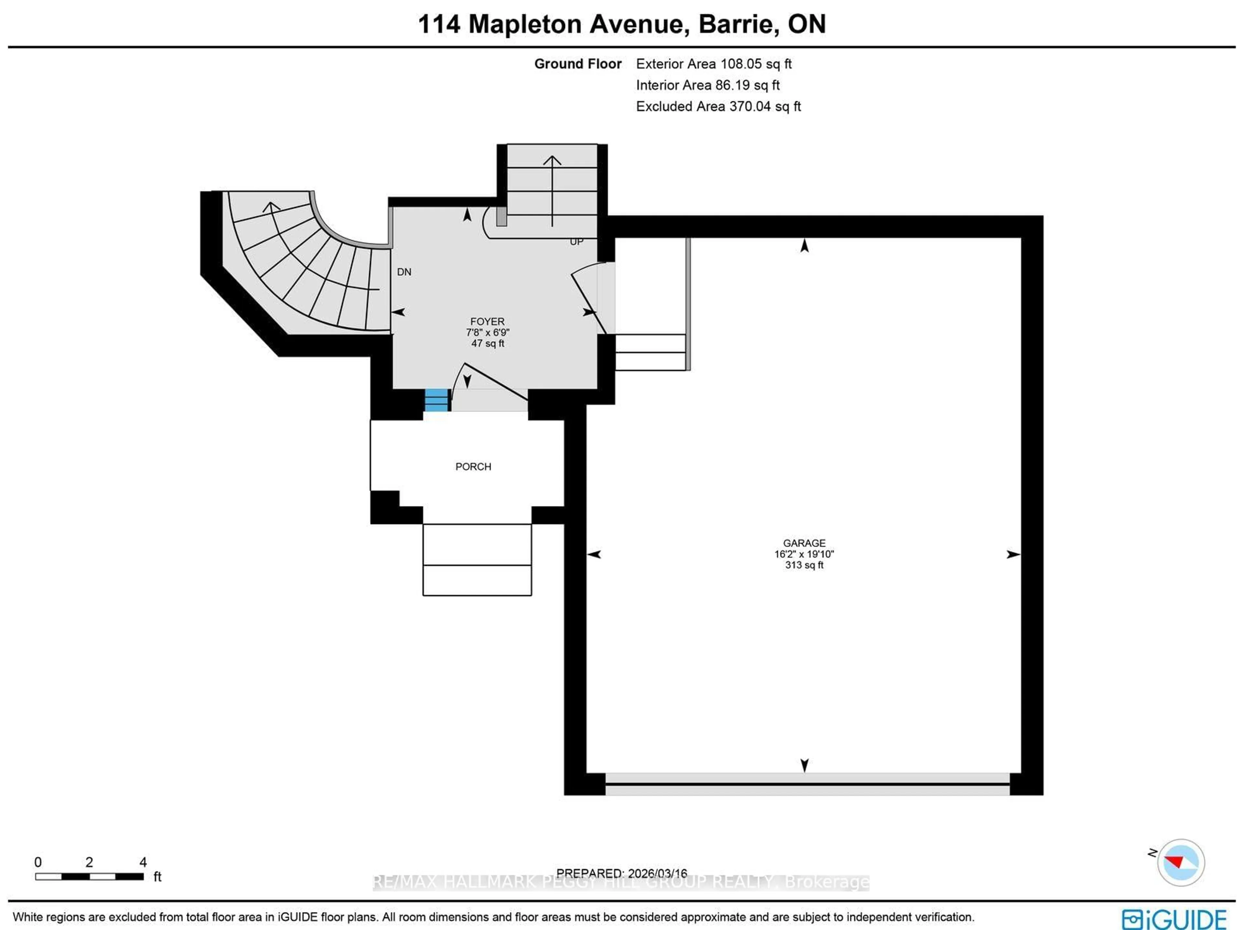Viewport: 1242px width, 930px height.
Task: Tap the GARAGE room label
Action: (804, 543)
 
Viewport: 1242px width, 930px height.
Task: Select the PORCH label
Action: (473, 467)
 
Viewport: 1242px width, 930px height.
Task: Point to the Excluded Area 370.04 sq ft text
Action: (718, 106)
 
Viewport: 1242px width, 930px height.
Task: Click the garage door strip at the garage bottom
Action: (807, 784)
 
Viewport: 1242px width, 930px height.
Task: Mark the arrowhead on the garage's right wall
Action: (1013, 554)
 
